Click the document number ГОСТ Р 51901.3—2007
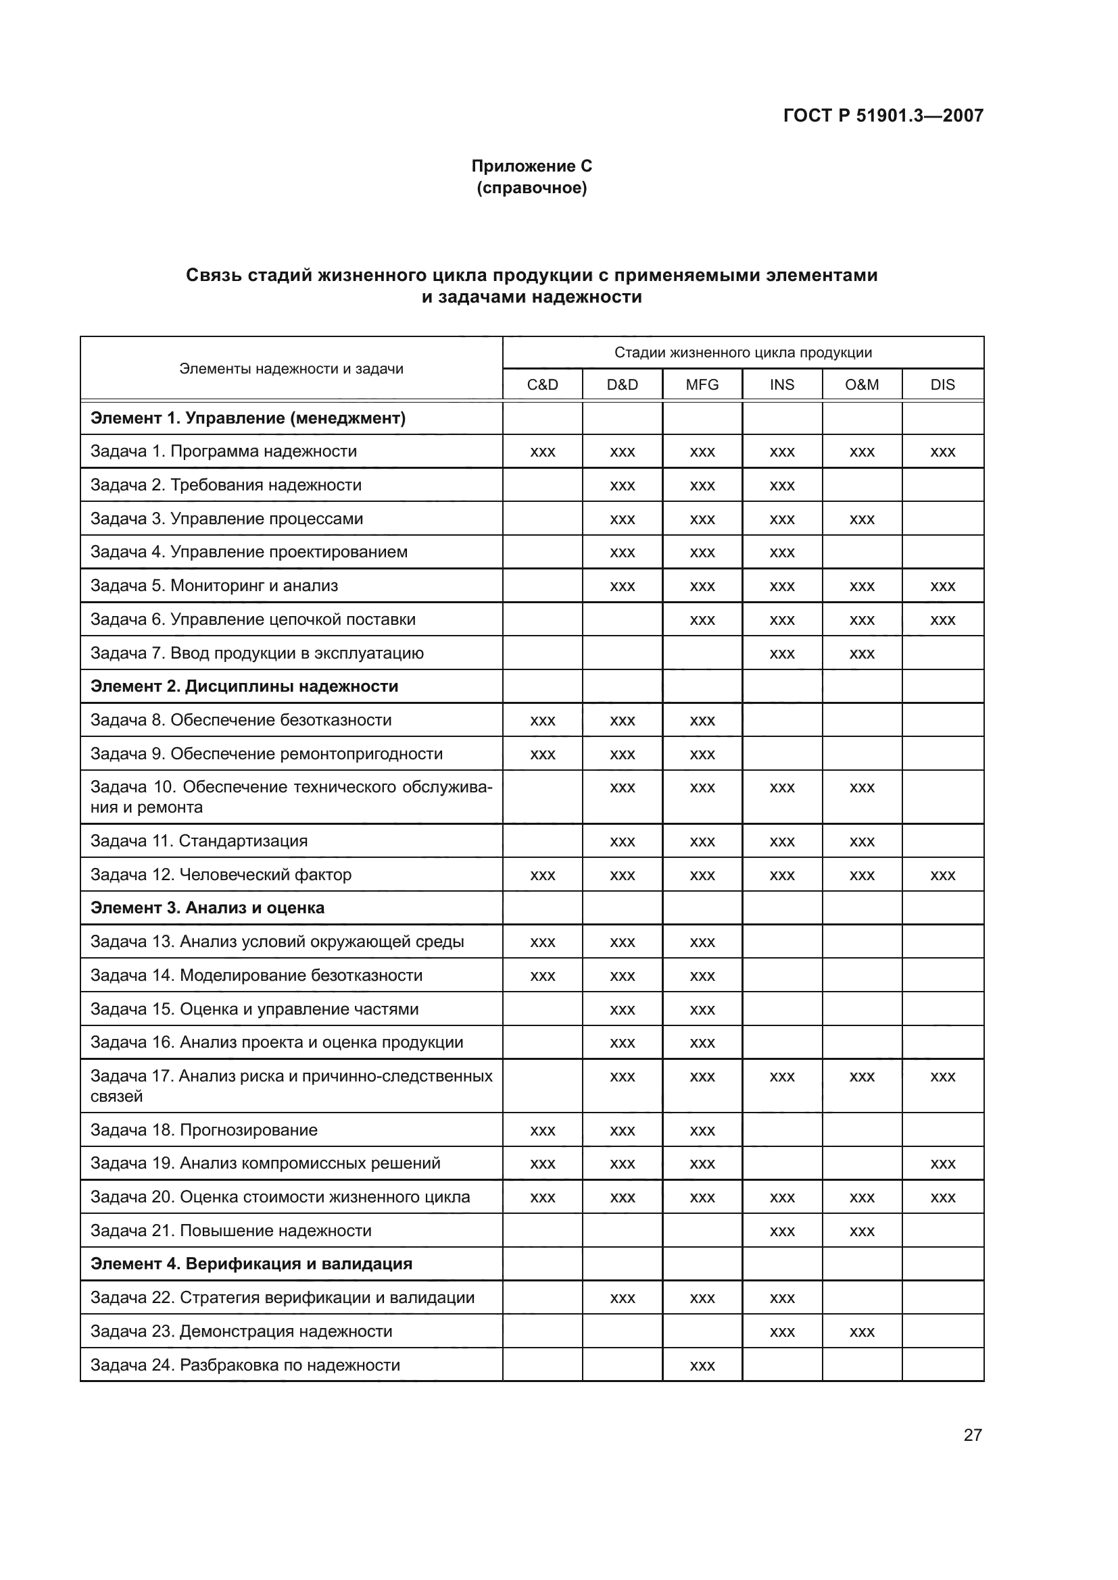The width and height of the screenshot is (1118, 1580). tap(883, 116)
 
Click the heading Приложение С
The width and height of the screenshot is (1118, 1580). tap(531, 166)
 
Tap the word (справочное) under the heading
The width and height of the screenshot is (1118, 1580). tap(531, 188)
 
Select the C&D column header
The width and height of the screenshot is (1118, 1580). tap(543, 384)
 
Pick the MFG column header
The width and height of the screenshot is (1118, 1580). tap(702, 384)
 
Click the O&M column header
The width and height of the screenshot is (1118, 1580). tap(862, 384)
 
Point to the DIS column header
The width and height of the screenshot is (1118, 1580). tap(942, 384)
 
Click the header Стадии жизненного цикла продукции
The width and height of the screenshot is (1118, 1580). tap(743, 353)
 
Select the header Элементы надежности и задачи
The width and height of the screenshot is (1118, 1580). tap(291, 369)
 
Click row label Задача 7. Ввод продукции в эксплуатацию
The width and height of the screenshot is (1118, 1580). tap(257, 653)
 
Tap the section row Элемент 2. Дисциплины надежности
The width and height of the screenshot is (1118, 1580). tap(245, 686)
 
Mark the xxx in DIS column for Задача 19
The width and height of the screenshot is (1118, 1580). tap(942, 1165)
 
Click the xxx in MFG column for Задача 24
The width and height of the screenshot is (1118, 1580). tap(702, 1366)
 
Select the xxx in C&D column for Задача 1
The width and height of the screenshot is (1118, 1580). tap(543, 452)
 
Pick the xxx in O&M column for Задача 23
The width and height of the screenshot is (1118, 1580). tap(862, 1332)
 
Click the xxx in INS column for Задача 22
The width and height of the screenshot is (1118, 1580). tap(782, 1298)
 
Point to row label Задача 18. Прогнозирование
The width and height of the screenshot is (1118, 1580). tap(203, 1130)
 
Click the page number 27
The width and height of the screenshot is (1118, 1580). tap(972, 1435)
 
